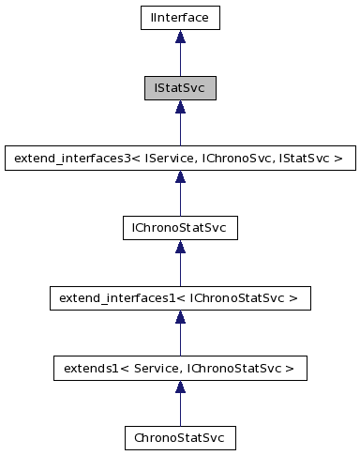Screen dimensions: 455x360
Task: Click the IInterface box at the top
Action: (179, 18)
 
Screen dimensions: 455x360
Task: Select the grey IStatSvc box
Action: (179, 88)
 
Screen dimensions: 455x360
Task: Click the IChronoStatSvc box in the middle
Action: (179, 228)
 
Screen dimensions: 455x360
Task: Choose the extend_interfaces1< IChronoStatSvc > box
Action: (179, 298)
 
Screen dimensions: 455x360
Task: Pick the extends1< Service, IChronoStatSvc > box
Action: (179, 368)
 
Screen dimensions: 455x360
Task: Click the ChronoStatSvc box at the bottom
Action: (179, 438)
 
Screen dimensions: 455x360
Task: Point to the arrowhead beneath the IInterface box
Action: (179, 38)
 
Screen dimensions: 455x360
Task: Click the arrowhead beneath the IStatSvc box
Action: (179, 108)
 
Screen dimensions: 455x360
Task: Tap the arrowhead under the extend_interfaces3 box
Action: (179, 177)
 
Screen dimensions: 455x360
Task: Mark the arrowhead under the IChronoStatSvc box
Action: (179, 248)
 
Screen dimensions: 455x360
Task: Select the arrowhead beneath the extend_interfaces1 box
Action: (179, 318)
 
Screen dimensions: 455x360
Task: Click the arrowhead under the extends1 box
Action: (179, 387)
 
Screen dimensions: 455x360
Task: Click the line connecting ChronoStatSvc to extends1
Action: (179, 410)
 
